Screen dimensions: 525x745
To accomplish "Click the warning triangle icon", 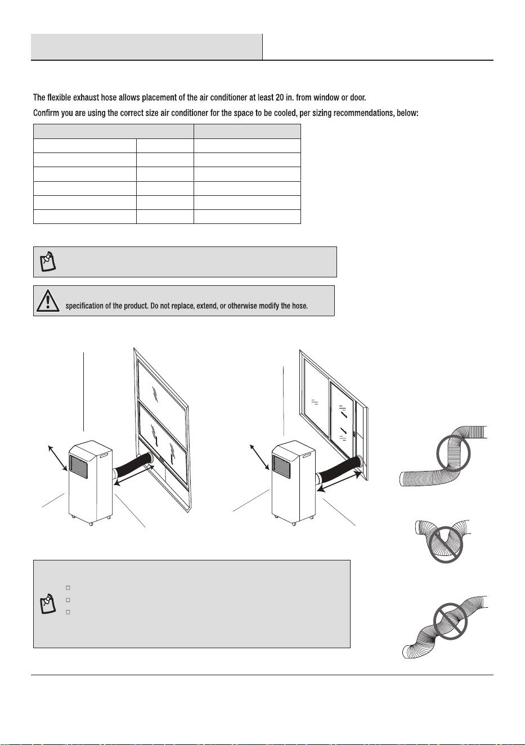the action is (x=48, y=300).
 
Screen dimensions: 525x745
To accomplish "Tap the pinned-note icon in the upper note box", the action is (x=48, y=262).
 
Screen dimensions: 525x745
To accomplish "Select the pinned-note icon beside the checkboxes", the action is (x=48, y=603).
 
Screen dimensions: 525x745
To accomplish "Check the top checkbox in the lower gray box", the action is (x=68, y=587).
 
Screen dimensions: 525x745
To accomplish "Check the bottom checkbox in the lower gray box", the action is (x=68, y=612).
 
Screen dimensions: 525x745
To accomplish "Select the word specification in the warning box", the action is (x=84, y=306).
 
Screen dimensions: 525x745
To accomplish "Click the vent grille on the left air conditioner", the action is (x=79, y=466).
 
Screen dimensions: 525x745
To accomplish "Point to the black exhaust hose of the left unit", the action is (x=133, y=463).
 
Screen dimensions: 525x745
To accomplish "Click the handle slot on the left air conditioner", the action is (x=104, y=455).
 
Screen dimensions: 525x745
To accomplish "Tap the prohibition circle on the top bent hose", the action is (x=453, y=453).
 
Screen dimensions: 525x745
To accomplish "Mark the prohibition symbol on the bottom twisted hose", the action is (x=450, y=621).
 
